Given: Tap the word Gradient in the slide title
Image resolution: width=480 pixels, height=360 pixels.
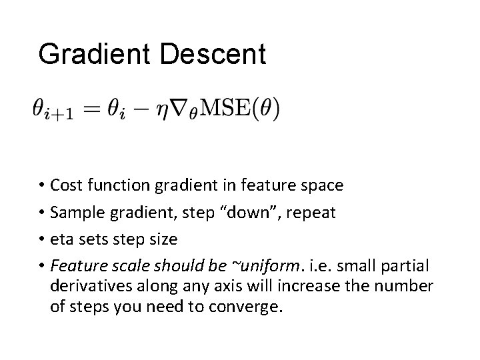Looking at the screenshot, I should pos(97,54).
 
